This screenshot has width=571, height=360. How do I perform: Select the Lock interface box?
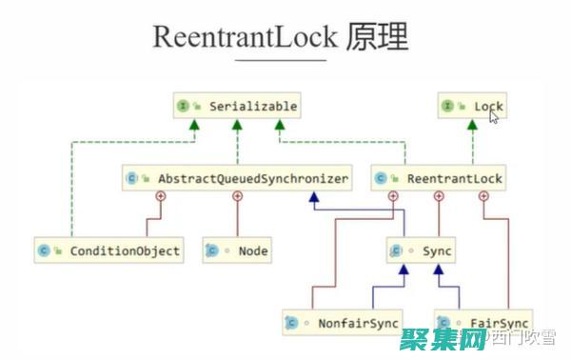pyautogui.click(x=471, y=107)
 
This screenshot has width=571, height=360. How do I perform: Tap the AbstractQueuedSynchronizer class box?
pyautogui.click(x=238, y=178)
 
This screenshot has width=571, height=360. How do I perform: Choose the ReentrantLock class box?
pyautogui.click(x=439, y=178)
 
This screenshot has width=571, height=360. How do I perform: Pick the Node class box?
pyautogui.click(x=238, y=251)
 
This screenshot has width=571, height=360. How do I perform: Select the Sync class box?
pyautogui.click(x=422, y=251)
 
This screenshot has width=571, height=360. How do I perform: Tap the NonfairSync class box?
pyautogui.click(x=343, y=323)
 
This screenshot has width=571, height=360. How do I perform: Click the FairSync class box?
pyautogui.click(x=482, y=323)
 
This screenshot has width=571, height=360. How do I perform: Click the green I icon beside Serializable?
pyautogui.click(x=182, y=107)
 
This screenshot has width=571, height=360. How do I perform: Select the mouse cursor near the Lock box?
pyautogui.click(x=494, y=116)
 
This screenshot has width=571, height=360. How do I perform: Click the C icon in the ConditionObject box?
pyautogui.click(x=43, y=251)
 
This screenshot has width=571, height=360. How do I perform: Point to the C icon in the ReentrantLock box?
pyautogui.click(x=381, y=178)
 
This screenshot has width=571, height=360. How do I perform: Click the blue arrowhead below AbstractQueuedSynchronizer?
pyautogui.click(x=313, y=197)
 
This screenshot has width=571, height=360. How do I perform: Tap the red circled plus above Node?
pyautogui.click(x=238, y=196)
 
